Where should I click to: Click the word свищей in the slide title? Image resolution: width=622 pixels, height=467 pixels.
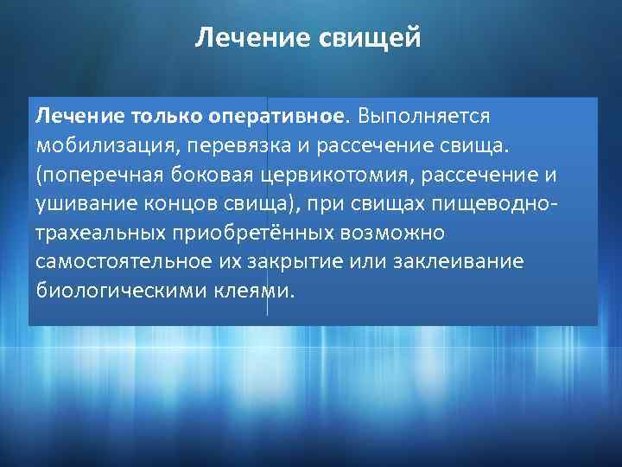click(x=374, y=39)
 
